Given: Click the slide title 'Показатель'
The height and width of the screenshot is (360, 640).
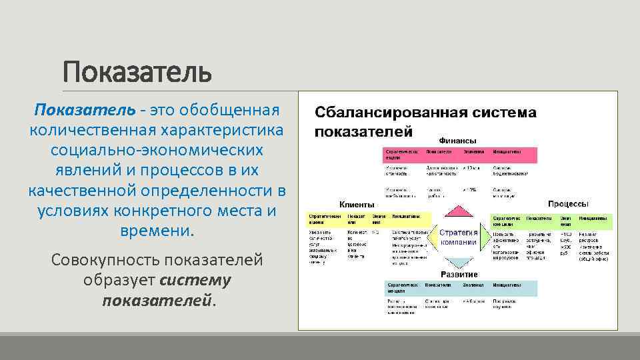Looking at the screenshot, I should (x=137, y=71).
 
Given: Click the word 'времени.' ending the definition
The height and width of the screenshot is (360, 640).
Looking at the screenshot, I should (x=157, y=232).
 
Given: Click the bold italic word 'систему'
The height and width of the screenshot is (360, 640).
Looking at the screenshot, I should (x=196, y=280).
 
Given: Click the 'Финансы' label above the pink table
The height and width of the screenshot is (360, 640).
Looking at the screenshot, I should (x=457, y=141).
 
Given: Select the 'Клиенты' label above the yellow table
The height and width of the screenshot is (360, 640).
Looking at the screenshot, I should (x=357, y=204).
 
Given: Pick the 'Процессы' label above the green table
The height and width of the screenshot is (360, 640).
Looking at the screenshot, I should (x=567, y=203).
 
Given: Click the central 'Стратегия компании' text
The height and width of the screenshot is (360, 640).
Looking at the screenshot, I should (x=458, y=237).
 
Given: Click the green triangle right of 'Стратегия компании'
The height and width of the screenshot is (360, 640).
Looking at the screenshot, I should (x=485, y=237).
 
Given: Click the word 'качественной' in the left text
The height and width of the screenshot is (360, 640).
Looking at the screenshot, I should (x=83, y=191).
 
